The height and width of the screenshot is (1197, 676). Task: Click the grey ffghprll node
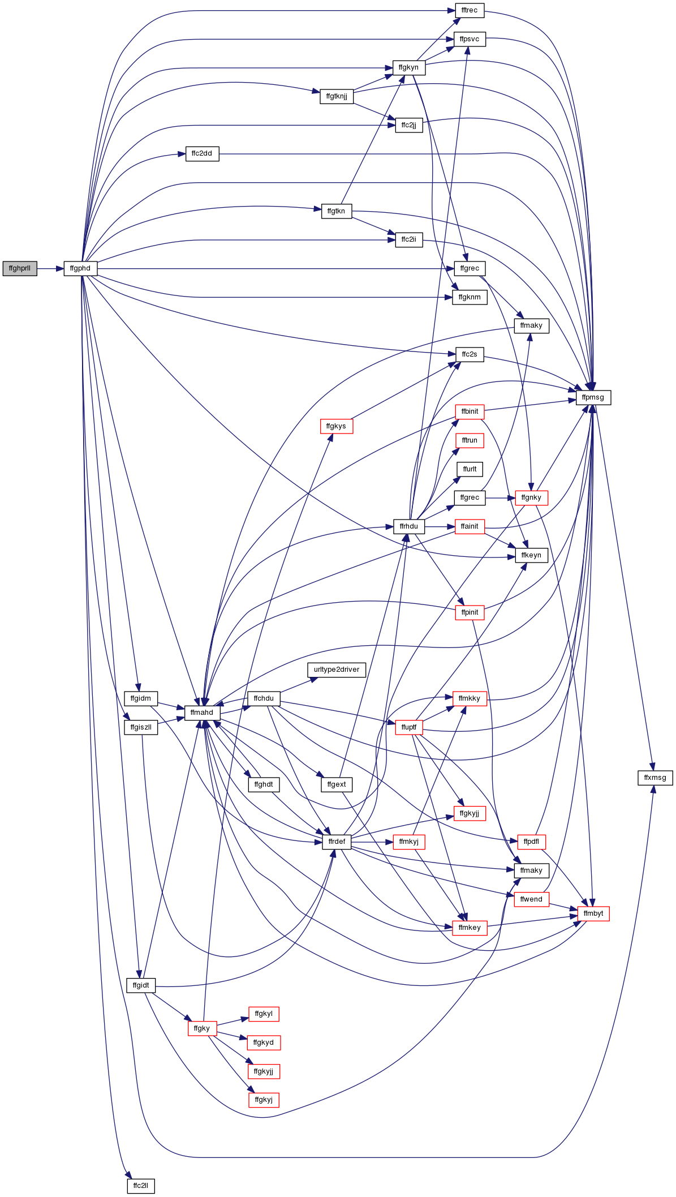tap(20, 268)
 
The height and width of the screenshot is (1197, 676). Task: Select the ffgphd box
tap(80, 268)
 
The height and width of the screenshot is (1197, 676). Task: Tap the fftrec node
tap(470, 10)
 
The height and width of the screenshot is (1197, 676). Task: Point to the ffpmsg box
tap(593, 397)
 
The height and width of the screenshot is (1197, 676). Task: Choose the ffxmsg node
tap(655, 778)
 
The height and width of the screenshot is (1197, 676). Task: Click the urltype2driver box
tap(337, 670)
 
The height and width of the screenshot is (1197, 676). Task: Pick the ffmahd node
tap(202, 713)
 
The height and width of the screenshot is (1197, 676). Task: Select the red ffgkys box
tap(336, 426)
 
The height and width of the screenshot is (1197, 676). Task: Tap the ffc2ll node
tap(141, 1186)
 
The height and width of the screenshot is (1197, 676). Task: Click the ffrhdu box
tap(409, 526)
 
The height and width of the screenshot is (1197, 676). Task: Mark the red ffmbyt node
tap(593, 913)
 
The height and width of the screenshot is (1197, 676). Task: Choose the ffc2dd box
tap(202, 153)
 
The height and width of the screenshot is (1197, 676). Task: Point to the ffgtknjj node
tap(337, 96)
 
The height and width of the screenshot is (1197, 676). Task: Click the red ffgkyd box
tap(264, 1042)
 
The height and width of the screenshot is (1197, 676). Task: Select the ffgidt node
tap(141, 985)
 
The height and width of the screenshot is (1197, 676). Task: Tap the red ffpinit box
tap(470, 612)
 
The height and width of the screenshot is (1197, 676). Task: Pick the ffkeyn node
tap(531, 555)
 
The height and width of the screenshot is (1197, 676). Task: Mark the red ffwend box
tap(531, 899)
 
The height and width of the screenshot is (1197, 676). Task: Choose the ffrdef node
tap(337, 842)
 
